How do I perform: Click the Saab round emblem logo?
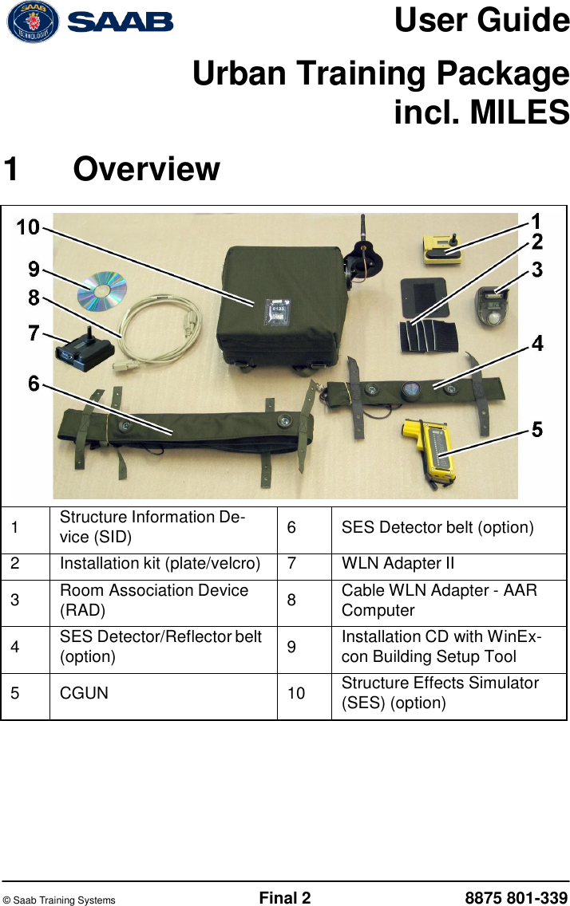click(33, 22)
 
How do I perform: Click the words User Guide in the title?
click(481, 21)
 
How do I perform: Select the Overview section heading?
click(147, 169)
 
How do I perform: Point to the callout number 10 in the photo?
click(28, 227)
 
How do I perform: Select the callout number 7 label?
click(34, 333)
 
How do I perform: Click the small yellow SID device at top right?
click(444, 250)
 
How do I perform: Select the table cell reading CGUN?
click(84, 693)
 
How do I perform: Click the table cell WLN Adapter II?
click(398, 564)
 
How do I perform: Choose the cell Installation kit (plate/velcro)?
click(160, 564)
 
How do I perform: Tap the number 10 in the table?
click(296, 693)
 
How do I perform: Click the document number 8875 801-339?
click(516, 899)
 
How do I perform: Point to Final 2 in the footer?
click(284, 899)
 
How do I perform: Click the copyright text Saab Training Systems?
click(59, 900)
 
